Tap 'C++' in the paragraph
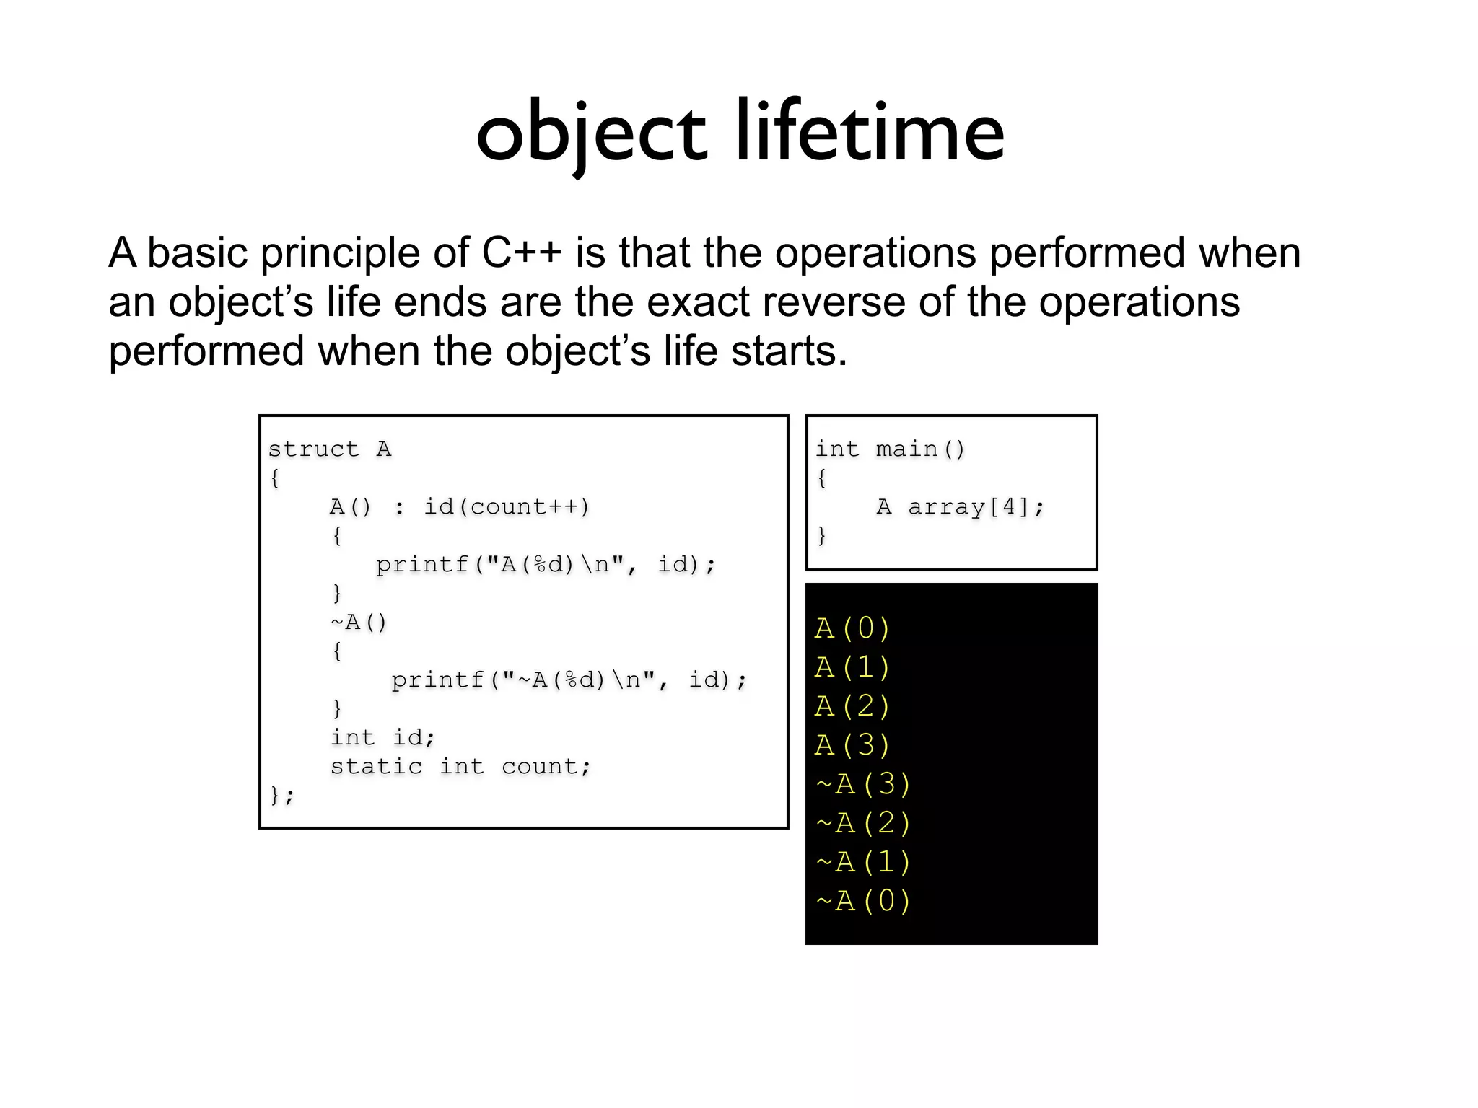click(x=521, y=253)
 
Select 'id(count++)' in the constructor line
click(x=507, y=507)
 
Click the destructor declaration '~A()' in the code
click(x=359, y=623)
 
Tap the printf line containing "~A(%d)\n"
click(x=569, y=680)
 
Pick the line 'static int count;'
click(x=460, y=767)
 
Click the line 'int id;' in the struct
click(x=382, y=738)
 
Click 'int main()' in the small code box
click(x=890, y=449)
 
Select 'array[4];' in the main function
click(x=976, y=507)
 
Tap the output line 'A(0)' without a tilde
click(x=852, y=629)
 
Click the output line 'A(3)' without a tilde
click(x=852, y=745)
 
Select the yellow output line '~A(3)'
click(x=863, y=784)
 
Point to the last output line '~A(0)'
click(x=863, y=901)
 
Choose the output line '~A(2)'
click(x=863, y=823)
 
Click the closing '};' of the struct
click(x=281, y=796)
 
